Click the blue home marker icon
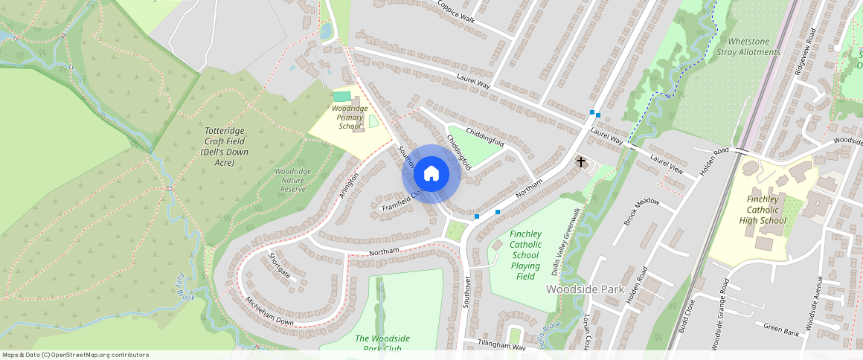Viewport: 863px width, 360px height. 431,174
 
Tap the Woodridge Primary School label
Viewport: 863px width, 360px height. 349,118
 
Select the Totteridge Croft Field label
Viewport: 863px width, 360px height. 224,147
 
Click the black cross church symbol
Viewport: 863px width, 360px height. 581,161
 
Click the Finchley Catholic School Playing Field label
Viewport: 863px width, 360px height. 525,255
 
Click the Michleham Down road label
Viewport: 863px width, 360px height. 270,311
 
